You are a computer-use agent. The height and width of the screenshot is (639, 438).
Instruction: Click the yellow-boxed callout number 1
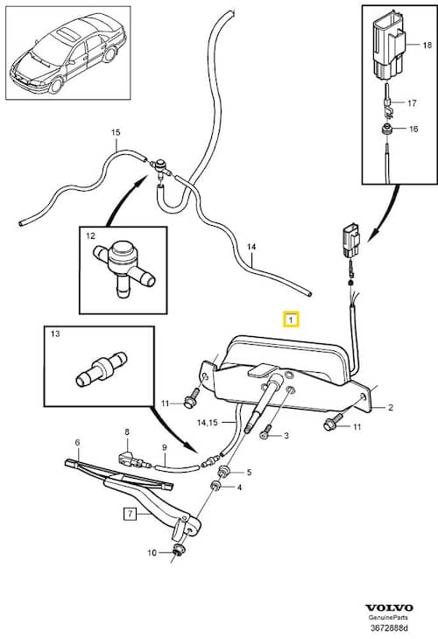click(x=291, y=319)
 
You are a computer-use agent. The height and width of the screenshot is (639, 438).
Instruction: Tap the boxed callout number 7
click(x=130, y=514)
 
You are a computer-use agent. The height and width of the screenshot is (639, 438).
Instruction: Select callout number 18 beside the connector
click(x=427, y=45)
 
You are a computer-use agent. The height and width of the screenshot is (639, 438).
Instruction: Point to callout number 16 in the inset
click(x=413, y=129)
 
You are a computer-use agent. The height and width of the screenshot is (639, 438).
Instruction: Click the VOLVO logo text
click(x=389, y=608)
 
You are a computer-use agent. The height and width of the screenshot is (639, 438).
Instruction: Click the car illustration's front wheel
click(x=55, y=84)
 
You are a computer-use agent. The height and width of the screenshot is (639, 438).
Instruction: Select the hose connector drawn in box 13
click(x=102, y=369)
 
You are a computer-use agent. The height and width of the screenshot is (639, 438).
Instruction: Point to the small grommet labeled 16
click(x=385, y=130)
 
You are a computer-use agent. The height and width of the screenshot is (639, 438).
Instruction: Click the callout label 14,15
click(x=207, y=423)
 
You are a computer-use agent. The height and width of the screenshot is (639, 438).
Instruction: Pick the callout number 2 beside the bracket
click(x=391, y=407)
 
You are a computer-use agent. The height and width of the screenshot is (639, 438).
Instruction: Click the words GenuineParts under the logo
click(x=388, y=618)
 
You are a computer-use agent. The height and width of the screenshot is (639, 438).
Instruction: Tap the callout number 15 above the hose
click(x=116, y=132)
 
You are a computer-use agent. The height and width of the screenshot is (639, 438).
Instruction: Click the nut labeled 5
click(x=224, y=472)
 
